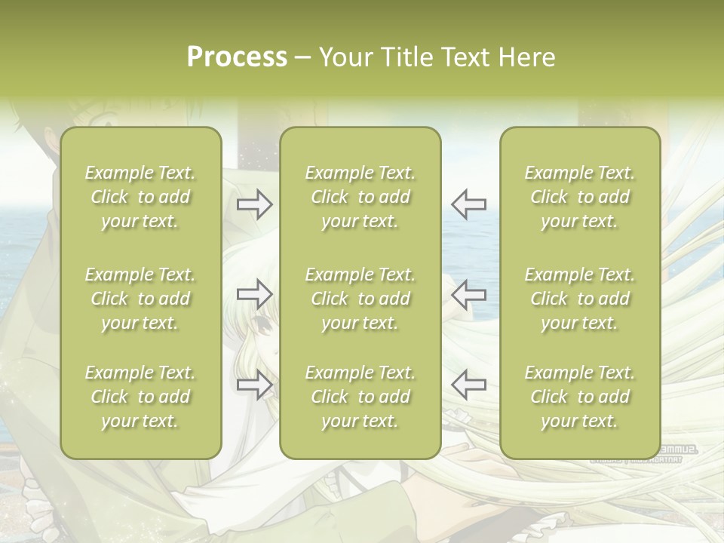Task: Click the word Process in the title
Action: coord(237,57)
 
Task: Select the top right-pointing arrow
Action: coord(255,204)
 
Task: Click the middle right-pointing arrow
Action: coord(255,294)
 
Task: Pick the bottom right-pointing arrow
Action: coord(255,385)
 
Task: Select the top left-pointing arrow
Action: coord(468,204)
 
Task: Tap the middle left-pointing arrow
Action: coord(468,294)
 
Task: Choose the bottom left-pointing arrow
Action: coord(468,385)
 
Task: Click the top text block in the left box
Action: coord(140,197)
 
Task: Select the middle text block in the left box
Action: coord(140,299)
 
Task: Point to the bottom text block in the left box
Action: coord(140,397)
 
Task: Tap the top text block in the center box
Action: coord(360,197)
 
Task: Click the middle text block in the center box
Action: coord(360,299)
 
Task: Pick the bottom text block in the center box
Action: coord(360,397)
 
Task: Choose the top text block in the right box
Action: coord(579,197)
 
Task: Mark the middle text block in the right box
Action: coord(579,299)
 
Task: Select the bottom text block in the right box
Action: coord(579,397)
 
